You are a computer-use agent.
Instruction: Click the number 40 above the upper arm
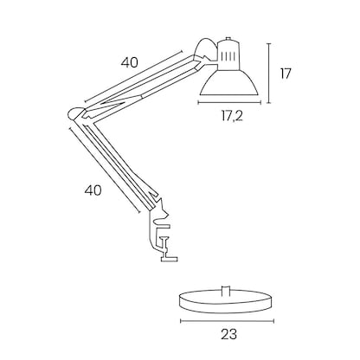click(129, 63)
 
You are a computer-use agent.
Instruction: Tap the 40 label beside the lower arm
click(94, 190)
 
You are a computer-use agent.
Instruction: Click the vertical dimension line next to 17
click(269, 73)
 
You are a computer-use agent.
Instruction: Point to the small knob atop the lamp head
click(228, 39)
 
